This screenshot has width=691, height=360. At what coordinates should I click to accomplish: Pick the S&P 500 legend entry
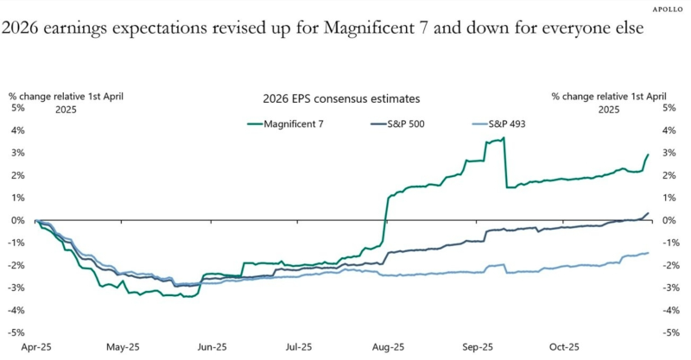[x=414, y=123]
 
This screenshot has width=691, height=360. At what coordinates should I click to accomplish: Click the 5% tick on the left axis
[x=18, y=109]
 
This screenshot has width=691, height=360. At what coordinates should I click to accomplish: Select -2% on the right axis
[x=668, y=266]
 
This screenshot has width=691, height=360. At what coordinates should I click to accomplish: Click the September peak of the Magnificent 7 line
[x=503, y=137]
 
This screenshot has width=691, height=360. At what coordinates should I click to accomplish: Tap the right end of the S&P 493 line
[x=648, y=253]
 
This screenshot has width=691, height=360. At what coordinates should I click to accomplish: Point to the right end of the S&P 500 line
[x=648, y=213]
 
